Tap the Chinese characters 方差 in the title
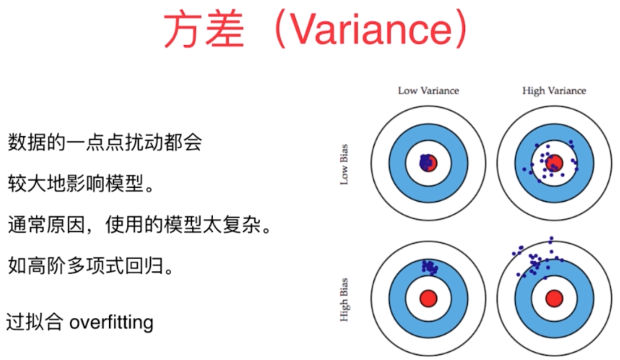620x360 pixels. [204, 30]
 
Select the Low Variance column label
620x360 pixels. [428, 91]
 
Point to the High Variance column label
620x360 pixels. [554, 91]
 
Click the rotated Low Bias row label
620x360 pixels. [344, 165]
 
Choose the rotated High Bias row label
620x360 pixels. [344, 300]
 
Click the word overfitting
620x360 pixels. [112, 323]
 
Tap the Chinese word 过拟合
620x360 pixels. [34, 323]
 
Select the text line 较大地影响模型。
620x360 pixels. [81, 184]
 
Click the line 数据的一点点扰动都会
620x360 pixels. [104, 143]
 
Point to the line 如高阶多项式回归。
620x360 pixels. [90, 267]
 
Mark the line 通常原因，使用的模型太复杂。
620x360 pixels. [140, 225]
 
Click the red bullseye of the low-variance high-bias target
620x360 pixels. [428, 298]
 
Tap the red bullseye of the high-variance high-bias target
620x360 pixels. [554, 298]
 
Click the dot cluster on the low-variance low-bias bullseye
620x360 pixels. [426, 162]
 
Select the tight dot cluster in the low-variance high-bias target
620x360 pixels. [429, 267]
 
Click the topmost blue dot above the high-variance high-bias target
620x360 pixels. [551, 238]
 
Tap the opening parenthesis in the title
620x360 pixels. [279, 30]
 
